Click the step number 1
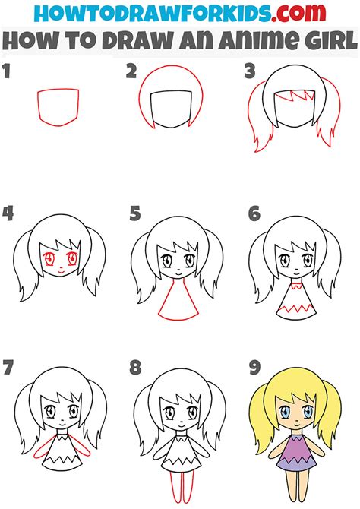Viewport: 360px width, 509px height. coord(7,71)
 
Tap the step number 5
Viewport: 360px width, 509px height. coord(135,213)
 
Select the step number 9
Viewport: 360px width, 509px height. coord(255,368)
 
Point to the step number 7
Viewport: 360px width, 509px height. coord(8,368)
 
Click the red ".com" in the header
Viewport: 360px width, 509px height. coord(298,13)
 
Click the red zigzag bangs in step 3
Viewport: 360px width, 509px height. coord(295,95)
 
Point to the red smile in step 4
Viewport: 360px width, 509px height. coord(62,270)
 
